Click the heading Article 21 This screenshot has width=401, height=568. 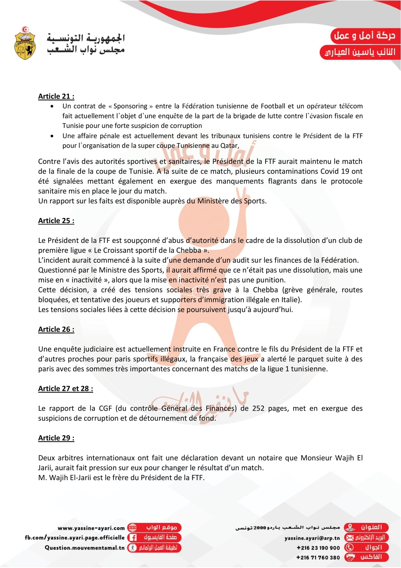click(x=56, y=96)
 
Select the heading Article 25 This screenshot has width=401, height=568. click(x=56, y=221)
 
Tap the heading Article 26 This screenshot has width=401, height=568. click(x=56, y=329)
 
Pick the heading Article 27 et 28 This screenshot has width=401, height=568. click(x=65, y=389)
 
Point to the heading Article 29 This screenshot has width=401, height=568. click(x=56, y=438)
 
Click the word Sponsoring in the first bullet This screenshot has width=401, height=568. click(x=130, y=106)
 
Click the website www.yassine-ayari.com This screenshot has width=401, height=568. click(x=91, y=528)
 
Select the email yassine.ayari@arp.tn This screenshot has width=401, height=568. click(x=312, y=538)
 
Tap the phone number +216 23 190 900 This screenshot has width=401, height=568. click(x=318, y=548)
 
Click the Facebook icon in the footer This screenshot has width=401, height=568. click(x=132, y=538)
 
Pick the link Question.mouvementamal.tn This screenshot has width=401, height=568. click(x=85, y=548)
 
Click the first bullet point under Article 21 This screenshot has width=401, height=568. click(x=52, y=106)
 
